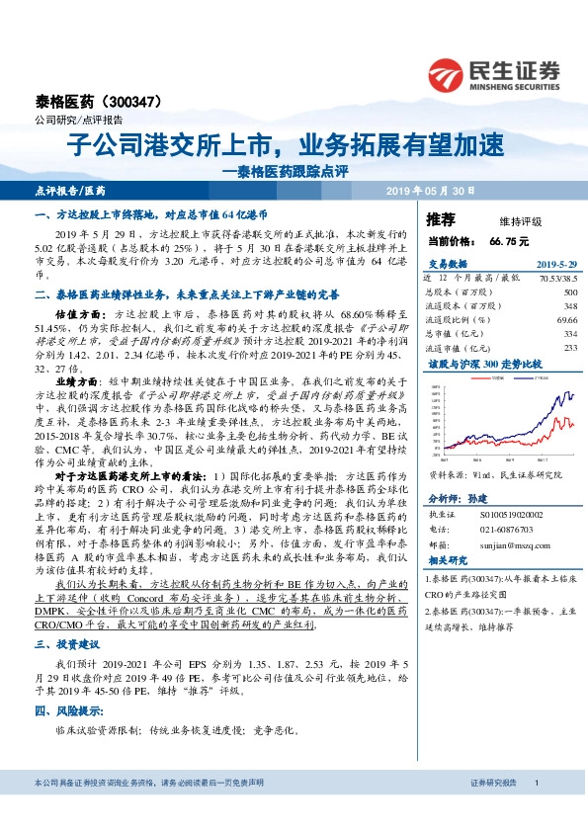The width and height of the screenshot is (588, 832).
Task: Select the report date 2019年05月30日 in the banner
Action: (x=433, y=190)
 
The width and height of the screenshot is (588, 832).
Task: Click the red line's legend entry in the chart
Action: (x=492, y=376)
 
